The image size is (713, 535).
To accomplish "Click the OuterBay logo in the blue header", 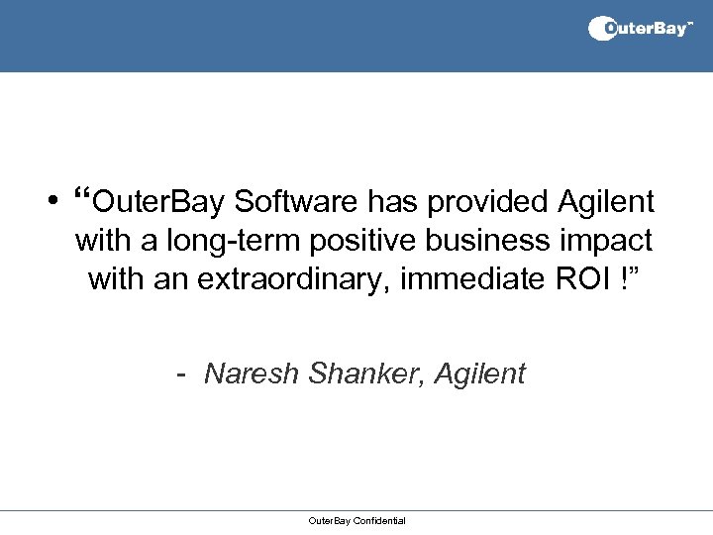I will tap(641, 29).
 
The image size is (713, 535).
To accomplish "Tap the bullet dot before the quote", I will tap(49, 202).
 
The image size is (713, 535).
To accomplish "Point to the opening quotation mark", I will tap(82, 194).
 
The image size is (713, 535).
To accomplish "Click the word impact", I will tap(608, 241).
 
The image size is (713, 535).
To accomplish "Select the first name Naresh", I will tap(253, 374).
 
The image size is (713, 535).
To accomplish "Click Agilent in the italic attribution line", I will tap(480, 374).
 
